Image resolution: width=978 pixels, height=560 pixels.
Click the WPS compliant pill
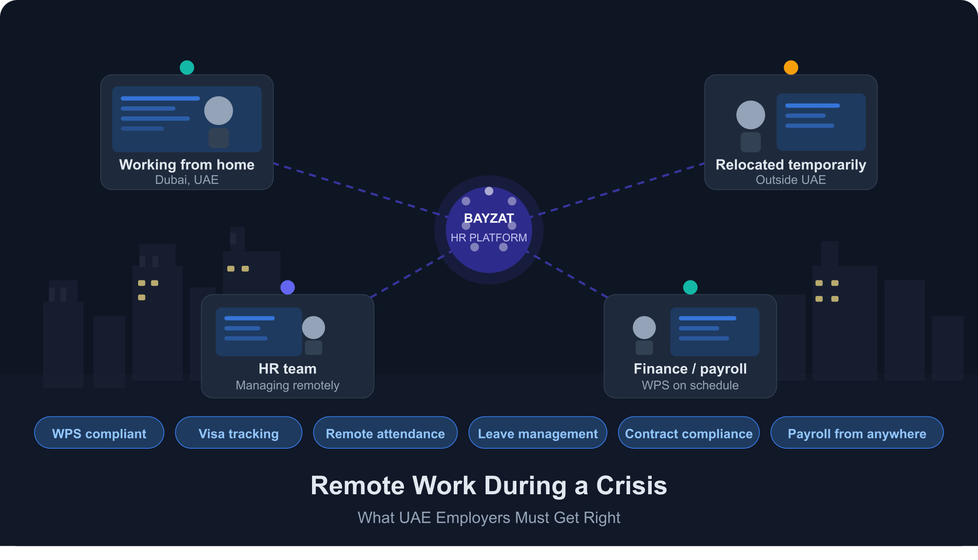coord(99,433)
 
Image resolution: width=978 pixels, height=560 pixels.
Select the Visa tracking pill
coord(238,433)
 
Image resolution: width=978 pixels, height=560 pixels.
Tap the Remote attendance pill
coord(385,433)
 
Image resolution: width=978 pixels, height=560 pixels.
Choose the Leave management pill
coord(538,433)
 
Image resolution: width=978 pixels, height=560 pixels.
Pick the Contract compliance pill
coord(689,433)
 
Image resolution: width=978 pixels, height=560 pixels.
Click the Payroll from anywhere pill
coord(857,433)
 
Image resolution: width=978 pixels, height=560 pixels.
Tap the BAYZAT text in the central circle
coord(489,218)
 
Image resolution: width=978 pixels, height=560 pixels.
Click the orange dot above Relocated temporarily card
coord(791,68)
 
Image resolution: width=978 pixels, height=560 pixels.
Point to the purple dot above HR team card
coord(288,287)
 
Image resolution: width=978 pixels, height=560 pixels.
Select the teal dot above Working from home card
coord(187,68)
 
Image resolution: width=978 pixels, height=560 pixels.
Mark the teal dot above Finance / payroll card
coord(690,287)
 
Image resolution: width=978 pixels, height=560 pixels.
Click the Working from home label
coord(187,165)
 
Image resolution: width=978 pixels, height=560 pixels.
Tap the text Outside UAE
coord(791,180)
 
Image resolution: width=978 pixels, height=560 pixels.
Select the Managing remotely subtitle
coord(288,385)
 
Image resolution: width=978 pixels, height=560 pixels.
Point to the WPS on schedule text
coord(690,385)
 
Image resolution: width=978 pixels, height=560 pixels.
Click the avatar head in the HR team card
coord(313,327)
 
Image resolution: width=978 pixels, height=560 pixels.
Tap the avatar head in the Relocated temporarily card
coord(751,115)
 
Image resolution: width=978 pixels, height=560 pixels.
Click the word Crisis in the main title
coord(631,486)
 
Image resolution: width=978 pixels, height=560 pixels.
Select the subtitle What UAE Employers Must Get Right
coord(489,518)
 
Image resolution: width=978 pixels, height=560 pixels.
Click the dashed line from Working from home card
coord(359,189)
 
